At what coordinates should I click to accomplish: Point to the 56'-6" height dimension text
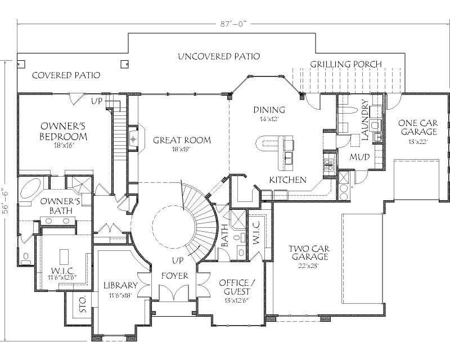point(6,191)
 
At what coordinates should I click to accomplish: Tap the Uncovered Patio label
point(219,57)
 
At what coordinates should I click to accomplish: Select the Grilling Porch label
point(346,64)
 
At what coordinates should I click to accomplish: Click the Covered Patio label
point(66,75)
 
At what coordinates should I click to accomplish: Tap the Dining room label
point(269,110)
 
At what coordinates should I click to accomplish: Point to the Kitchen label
point(287,180)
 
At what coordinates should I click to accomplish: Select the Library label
point(120,285)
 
